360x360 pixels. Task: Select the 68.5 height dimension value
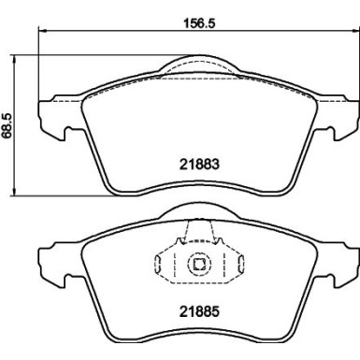(8, 124)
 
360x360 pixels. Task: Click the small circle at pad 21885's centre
(198, 265)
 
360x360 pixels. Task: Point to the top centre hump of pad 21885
(198, 214)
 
